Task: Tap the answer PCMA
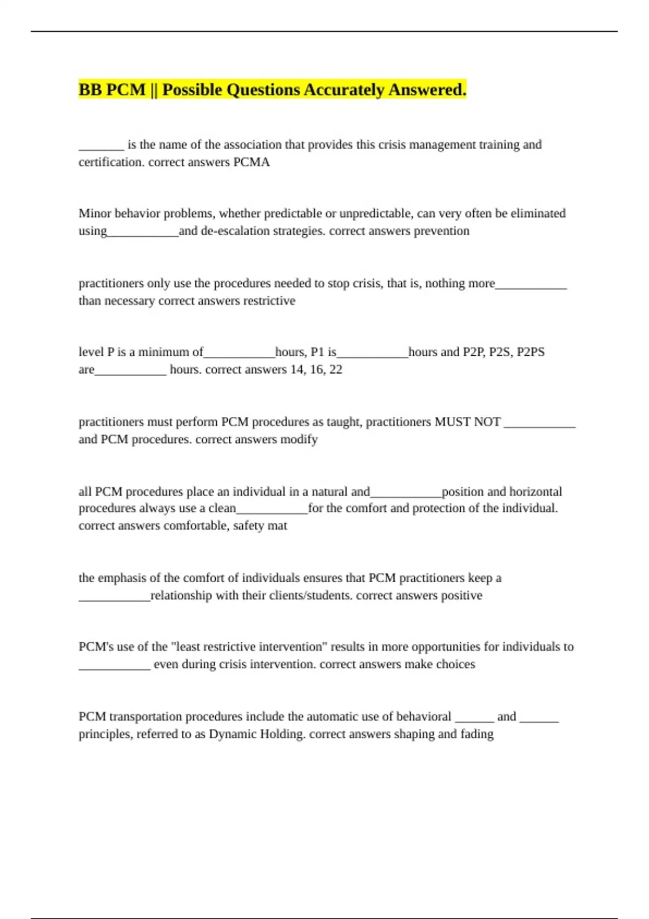click(x=251, y=162)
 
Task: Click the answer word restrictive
click(x=269, y=301)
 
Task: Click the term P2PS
click(x=531, y=352)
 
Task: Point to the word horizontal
click(x=535, y=491)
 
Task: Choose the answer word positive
click(x=461, y=595)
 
